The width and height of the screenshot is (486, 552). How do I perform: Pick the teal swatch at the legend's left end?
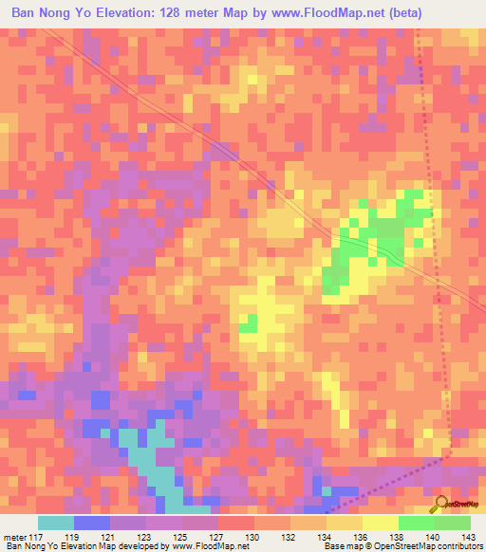tap(56, 523)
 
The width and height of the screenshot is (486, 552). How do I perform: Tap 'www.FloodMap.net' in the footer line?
tap(205, 545)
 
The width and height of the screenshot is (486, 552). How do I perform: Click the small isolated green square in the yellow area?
tap(248, 323)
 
